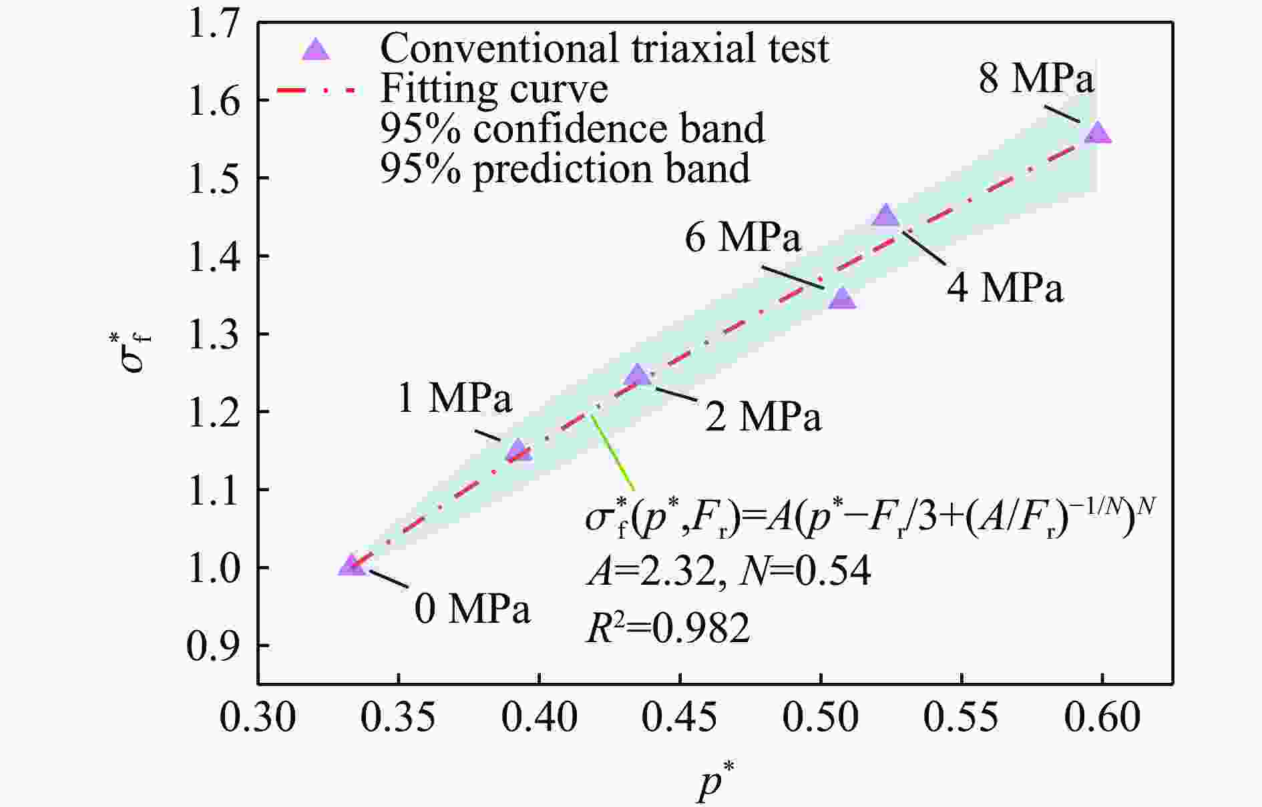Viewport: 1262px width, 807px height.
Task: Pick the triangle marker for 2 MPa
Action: pos(638,376)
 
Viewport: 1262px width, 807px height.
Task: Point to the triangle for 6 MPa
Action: pos(842,299)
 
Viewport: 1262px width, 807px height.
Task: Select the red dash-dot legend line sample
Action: pos(314,89)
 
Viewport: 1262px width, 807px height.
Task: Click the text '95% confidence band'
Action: pos(572,128)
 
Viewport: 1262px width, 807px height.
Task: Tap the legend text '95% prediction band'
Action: pos(565,168)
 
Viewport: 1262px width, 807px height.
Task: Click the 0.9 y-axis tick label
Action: pos(213,645)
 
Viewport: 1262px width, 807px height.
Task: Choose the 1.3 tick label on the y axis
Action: pos(213,334)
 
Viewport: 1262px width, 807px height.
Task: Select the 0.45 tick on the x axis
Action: pos(680,719)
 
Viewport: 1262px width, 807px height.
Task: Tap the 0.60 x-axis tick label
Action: pos(1102,719)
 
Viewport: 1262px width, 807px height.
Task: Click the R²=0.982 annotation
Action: pos(668,628)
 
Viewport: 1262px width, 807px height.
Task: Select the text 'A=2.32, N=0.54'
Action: pos(728,571)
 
